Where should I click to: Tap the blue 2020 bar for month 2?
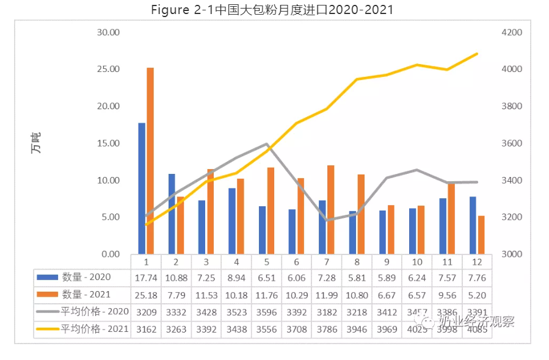(x=172, y=214)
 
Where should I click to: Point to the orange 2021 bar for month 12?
(x=481, y=234)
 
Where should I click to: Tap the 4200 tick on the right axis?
(x=512, y=32)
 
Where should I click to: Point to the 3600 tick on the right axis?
(x=512, y=143)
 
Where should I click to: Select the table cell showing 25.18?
(x=147, y=294)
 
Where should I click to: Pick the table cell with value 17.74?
(x=147, y=276)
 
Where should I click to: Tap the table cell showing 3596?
(x=266, y=311)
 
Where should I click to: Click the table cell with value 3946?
(x=357, y=328)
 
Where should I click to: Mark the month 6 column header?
(x=297, y=261)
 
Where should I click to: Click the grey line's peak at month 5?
(x=267, y=144)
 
